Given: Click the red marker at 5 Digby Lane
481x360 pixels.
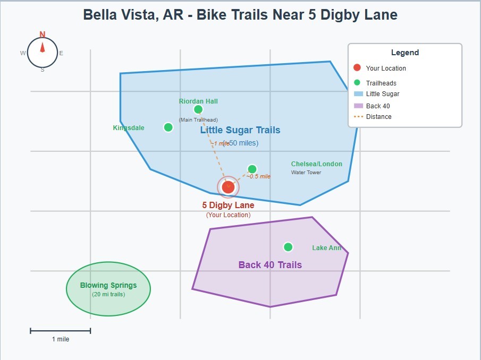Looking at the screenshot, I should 228,187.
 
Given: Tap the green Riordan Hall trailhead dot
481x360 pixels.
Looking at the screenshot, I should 198,109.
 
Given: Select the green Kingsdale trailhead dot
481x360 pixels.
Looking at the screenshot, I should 168,127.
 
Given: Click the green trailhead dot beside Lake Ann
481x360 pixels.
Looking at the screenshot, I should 288,247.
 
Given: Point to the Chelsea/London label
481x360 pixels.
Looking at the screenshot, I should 317,164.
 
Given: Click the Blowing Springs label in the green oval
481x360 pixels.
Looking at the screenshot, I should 108,285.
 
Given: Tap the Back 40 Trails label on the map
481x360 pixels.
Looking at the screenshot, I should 270,265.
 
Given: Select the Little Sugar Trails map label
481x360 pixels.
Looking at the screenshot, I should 240,130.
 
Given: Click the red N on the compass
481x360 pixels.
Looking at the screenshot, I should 43,35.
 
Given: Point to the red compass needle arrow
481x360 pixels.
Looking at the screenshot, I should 43,47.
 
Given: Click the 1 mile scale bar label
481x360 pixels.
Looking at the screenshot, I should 60,339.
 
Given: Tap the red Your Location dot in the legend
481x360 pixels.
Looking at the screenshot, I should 357,68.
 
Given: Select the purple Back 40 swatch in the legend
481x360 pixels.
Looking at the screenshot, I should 358,106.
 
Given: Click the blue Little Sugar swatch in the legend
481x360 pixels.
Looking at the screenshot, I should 358,94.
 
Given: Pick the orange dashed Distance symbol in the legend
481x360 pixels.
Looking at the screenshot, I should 358,117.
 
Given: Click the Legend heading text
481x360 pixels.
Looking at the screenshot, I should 405,53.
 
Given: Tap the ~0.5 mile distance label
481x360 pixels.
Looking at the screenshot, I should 258,176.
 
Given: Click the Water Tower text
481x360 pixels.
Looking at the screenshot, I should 306,173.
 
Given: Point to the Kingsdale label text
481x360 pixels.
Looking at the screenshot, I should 129,128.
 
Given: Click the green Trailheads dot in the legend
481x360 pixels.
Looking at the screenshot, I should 357,83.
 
